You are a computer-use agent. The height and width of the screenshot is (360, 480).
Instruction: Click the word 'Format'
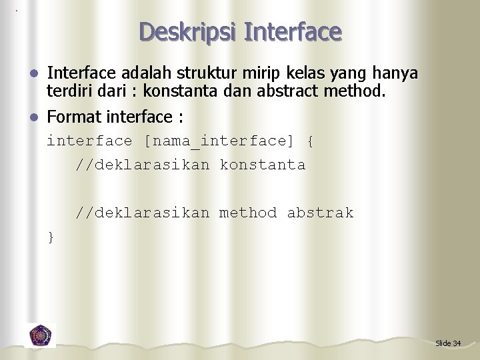click(x=73, y=118)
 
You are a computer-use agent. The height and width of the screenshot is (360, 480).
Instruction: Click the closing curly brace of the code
click(x=51, y=237)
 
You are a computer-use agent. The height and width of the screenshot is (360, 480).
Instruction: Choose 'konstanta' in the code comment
click(x=263, y=165)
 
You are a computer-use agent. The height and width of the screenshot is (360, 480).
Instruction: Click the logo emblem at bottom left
click(x=41, y=335)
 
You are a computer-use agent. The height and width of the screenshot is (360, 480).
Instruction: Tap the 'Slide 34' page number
click(x=448, y=343)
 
